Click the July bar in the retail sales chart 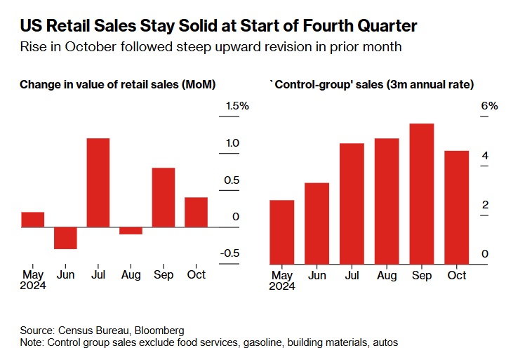[x=98, y=182]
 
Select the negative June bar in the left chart [x=65, y=238]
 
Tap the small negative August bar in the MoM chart [x=131, y=231]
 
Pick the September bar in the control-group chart [x=422, y=193]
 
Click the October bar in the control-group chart [x=457, y=207]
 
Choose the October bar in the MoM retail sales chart [x=196, y=212]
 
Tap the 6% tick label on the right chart [x=489, y=106]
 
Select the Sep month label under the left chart [x=164, y=274]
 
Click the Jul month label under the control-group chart [x=352, y=275]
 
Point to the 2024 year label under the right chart [x=282, y=286]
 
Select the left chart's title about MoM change [x=117, y=85]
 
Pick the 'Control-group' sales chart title [x=371, y=85]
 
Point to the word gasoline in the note [x=251, y=342]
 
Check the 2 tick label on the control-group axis [x=485, y=205]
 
